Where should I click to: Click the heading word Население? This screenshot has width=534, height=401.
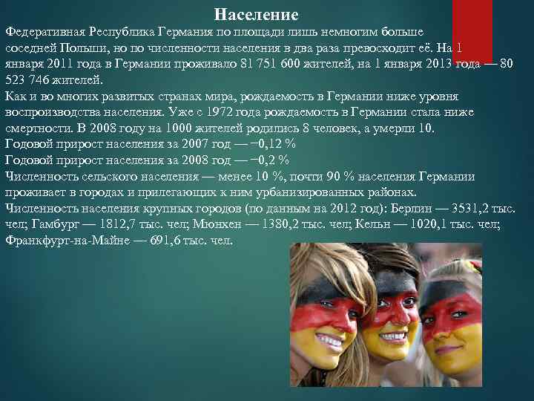click(x=256, y=14)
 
